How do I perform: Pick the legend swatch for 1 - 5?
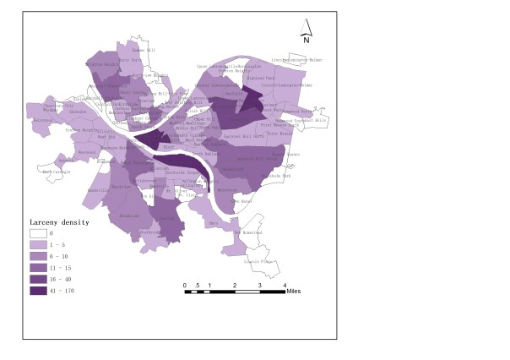click(38, 243)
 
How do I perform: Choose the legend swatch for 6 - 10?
click(38, 255)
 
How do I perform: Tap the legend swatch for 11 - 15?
click(38, 267)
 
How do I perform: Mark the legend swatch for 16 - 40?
click(38, 279)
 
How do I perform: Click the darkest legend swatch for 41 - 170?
click(38, 291)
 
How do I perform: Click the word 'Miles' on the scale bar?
click(294, 290)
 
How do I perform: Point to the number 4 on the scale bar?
click(285, 285)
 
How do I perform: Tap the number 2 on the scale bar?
click(235, 285)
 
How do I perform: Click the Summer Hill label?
click(144, 50)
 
